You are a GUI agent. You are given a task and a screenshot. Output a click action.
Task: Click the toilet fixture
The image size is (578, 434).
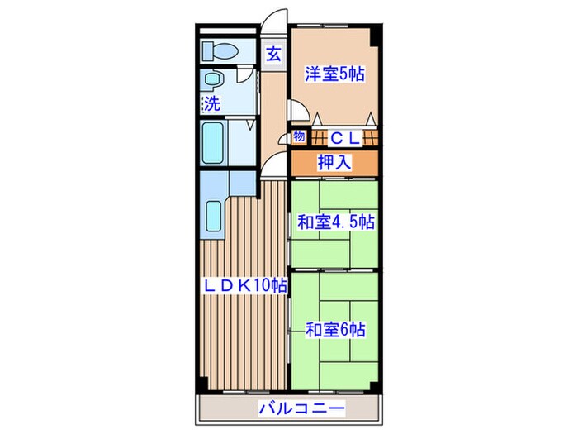[x=218, y=50]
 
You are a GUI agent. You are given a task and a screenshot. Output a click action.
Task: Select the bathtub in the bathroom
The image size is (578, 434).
[x=213, y=142]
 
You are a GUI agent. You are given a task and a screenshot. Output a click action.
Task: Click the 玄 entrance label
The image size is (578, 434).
[x=273, y=55]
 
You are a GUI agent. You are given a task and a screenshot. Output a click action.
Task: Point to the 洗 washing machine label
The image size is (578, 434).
[x=212, y=104]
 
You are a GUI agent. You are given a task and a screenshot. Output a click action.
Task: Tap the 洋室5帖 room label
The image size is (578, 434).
[x=334, y=73]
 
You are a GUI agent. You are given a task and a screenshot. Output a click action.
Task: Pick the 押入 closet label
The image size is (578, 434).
[x=334, y=162]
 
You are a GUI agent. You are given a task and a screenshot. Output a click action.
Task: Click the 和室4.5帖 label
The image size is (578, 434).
[x=335, y=222]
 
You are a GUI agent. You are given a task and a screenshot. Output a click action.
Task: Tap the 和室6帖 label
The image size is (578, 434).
[x=334, y=330]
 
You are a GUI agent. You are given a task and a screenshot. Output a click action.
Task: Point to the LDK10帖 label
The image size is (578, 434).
[x=245, y=285]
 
